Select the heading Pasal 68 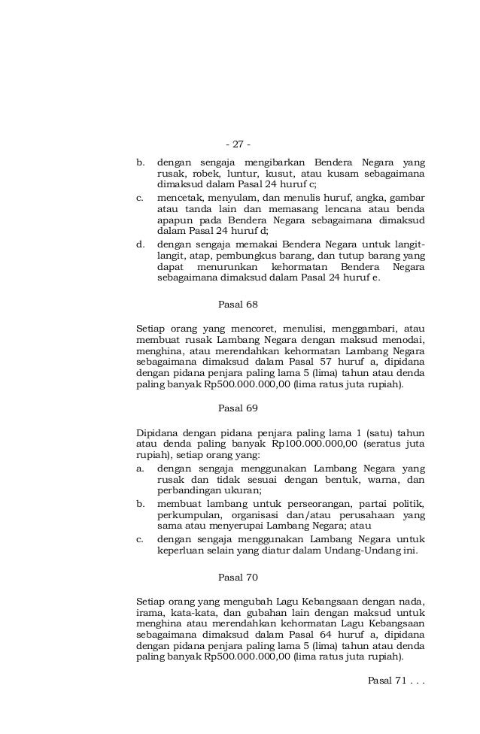(238, 305)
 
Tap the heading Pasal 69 (238, 408)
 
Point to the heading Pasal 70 (238, 578)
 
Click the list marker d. (140, 244)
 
